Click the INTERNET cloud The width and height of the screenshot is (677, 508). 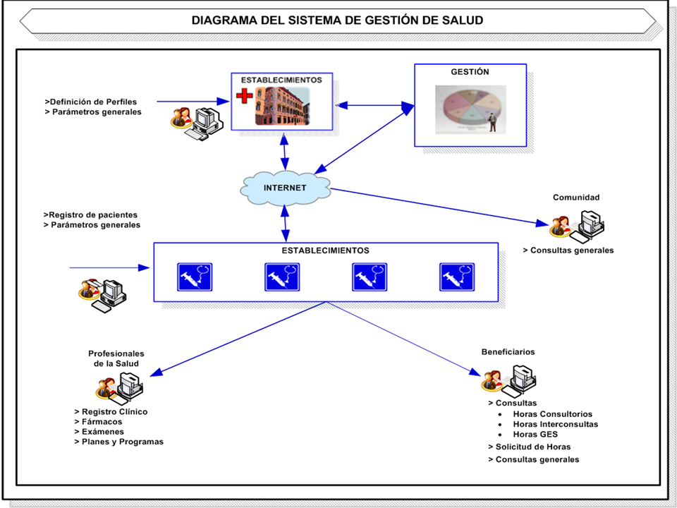pos(285,188)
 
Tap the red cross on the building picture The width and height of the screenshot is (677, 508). pos(244,97)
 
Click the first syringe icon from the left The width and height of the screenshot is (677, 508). pos(194,277)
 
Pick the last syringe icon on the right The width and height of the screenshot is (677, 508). pos(457,277)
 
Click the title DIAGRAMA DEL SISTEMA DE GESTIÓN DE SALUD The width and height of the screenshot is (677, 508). pos(337,20)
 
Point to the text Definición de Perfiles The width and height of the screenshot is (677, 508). pos(91,102)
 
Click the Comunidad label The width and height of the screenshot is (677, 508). pos(576,198)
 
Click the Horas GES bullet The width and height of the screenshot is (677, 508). pos(535,435)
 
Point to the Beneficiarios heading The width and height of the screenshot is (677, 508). pos(508,351)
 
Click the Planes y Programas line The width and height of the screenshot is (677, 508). pos(118,442)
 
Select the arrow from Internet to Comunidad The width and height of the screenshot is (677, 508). pos(437,206)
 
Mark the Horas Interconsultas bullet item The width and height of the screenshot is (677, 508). pos(555,424)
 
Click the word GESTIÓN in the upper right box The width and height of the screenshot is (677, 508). pos(470,72)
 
